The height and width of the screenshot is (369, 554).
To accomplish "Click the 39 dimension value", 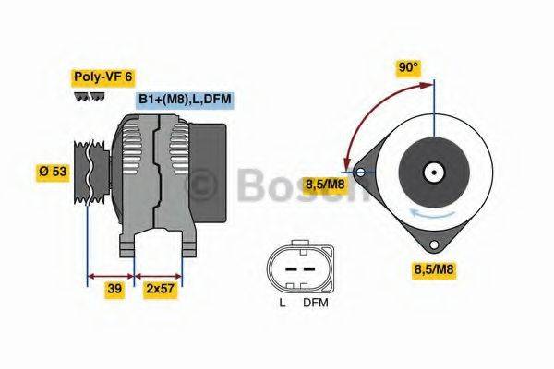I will tap(114, 289).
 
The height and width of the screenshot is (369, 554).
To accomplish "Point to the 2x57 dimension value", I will tap(160, 289).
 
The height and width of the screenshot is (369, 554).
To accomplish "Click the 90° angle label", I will tap(407, 67).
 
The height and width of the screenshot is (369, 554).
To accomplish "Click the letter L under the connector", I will tap(282, 303).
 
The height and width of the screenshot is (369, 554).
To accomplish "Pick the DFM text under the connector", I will tap(316, 303).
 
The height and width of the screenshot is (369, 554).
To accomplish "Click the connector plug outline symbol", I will tap(298, 268).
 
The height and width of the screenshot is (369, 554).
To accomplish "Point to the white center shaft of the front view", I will tap(432, 172).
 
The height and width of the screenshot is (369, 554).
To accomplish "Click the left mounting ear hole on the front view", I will tap(358, 171).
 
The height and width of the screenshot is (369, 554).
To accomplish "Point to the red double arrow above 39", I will tap(111, 275).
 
